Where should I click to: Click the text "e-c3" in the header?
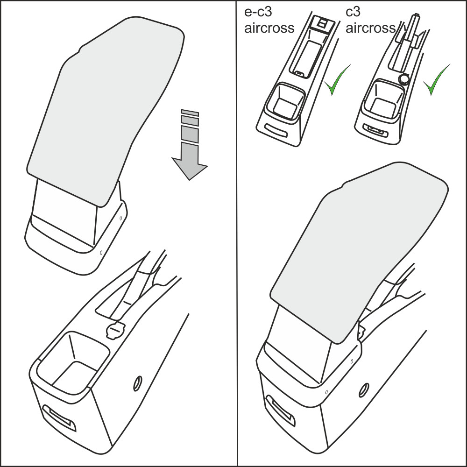point(258,12)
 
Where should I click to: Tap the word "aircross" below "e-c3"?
point(269,28)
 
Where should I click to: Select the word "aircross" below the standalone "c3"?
point(370,28)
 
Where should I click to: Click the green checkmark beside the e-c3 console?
point(337,79)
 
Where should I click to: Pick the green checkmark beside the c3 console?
point(436,79)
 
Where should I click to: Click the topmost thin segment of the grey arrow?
point(190,113)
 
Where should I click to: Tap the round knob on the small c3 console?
point(404,78)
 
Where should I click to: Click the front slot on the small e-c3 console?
point(276,131)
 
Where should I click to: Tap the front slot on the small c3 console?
point(375,130)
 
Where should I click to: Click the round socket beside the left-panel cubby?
point(114,330)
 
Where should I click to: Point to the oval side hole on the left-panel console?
point(137,383)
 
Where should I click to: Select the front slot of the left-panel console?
point(59,417)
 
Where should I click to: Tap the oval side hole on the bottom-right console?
point(364,390)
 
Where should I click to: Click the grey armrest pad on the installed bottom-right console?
point(359,253)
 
